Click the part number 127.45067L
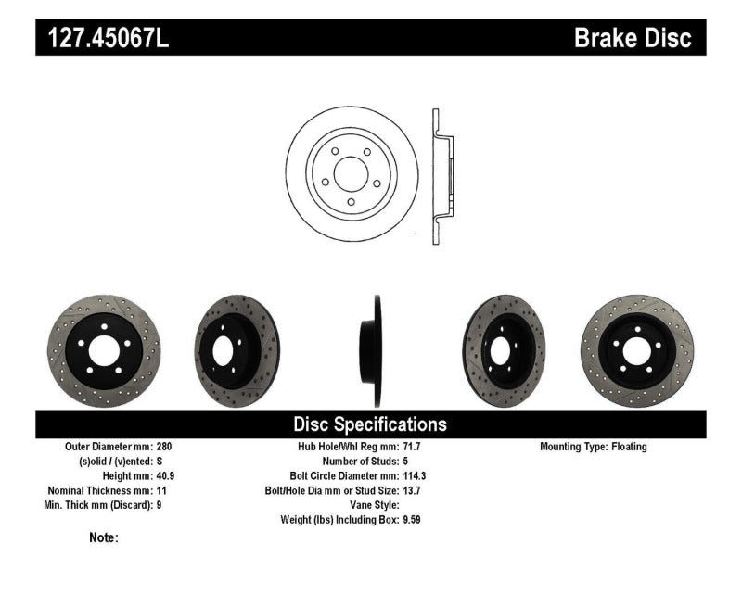point(104,38)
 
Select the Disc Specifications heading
point(370,424)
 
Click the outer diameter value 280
point(166,447)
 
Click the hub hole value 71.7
point(412,447)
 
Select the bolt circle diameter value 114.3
point(415,475)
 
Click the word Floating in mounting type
point(629,447)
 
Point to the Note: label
point(104,537)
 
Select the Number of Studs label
point(359,461)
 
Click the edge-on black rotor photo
point(375,351)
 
